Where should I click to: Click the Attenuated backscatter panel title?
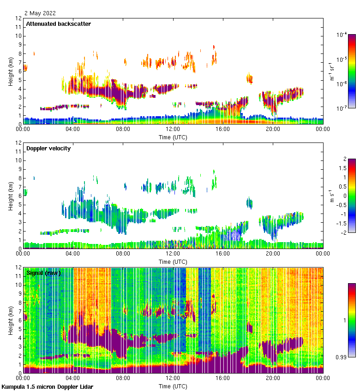coord(59,24)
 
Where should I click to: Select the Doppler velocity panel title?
coord(48,148)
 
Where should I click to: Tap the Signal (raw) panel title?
coord(43,273)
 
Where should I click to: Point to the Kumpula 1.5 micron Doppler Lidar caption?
coord(48,386)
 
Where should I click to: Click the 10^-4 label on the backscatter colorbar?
coord(342,35)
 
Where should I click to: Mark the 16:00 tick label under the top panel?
coord(222,129)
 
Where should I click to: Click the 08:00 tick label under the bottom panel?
coord(123,378)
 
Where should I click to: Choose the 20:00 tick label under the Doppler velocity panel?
coord(272,254)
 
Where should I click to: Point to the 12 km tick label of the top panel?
coord(19,18)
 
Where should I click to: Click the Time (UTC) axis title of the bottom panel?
coord(173,386)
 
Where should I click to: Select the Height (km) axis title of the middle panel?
coord(10,196)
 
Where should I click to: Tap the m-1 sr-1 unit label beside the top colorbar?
coord(331,71)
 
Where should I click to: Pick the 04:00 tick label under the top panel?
coord(73,129)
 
